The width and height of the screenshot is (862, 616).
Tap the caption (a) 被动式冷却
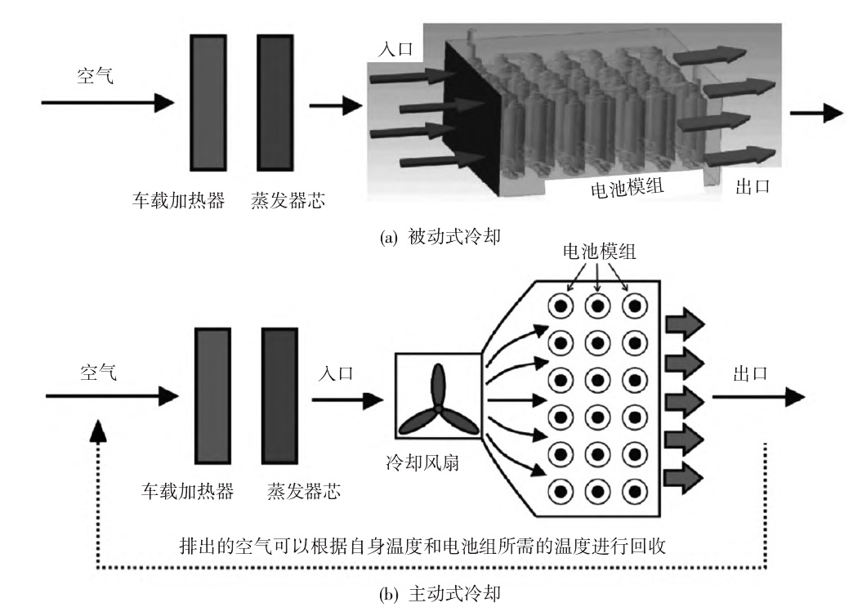coord(435,239)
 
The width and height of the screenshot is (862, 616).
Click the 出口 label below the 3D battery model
coord(753,187)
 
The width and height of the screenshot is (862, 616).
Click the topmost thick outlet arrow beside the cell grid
coord(684,321)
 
